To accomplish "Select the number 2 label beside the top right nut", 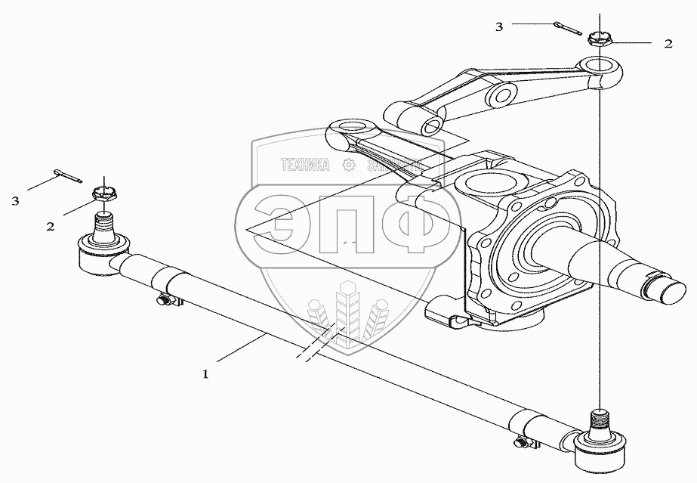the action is point(668,44).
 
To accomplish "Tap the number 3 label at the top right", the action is point(499,26).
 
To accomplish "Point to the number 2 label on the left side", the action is point(50,226).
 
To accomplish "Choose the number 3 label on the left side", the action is point(15,200).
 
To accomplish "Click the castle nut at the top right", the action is point(600,39).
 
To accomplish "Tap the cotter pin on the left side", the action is point(67,175).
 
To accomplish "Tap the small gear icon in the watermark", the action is point(349,166).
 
